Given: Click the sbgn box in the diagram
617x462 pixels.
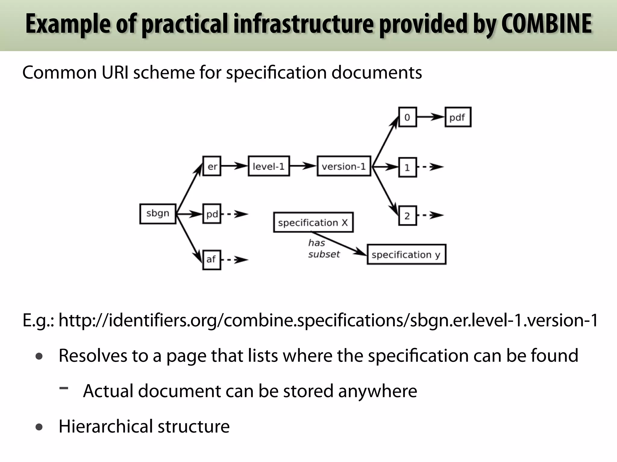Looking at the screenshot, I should coord(158,214).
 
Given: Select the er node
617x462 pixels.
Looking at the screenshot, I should coord(212,166).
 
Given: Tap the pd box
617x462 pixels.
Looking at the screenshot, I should coord(212,214).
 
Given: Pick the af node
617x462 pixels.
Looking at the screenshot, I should coord(211,260).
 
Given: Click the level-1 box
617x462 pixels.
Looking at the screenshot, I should coord(269,166).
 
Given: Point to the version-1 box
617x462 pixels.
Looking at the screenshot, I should coord(344,166).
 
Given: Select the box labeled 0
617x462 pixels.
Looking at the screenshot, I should coord(407,117).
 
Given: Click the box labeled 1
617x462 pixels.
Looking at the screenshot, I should coord(407,167).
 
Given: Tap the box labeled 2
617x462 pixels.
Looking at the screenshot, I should coord(407,216).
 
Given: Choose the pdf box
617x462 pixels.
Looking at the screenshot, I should coord(458,117).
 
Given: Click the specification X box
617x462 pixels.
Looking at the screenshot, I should coord(313,223).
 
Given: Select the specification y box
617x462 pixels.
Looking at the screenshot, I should coord(406,254).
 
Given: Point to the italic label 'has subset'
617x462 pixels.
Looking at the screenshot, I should coord(323,249).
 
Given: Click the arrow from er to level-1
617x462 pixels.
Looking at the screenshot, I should coord(234,166).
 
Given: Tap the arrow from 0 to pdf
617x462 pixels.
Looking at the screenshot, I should coord(431,117).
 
